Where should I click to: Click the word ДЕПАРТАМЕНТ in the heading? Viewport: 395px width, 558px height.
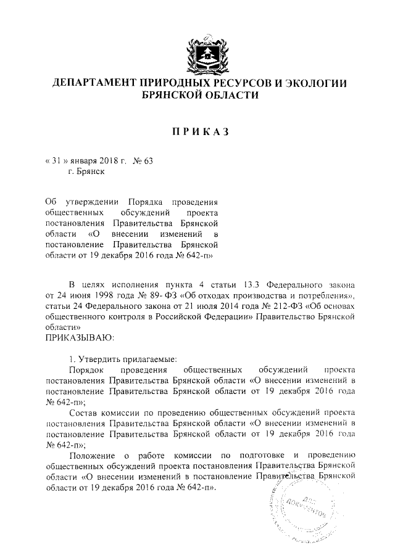[x=102, y=84]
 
